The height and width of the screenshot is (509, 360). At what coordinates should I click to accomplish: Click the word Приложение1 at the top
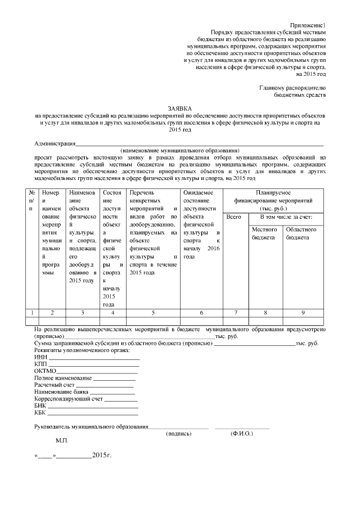(x=307, y=26)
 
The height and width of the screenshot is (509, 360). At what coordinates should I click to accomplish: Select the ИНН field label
(x=41, y=357)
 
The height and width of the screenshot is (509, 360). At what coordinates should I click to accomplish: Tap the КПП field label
(x=42, y=364)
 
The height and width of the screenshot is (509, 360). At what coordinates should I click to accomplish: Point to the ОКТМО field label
(x=45, y=371)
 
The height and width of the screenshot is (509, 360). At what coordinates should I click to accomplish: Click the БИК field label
(x=40, y=405)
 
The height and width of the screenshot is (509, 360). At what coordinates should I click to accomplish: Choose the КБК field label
(x=41, y=412)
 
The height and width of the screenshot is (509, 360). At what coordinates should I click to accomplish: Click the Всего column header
(x=233, y=217)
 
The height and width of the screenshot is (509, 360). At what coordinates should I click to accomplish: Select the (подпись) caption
(x=179, y=434)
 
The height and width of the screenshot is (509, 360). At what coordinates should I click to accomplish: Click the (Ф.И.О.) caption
(x=242, y=434)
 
